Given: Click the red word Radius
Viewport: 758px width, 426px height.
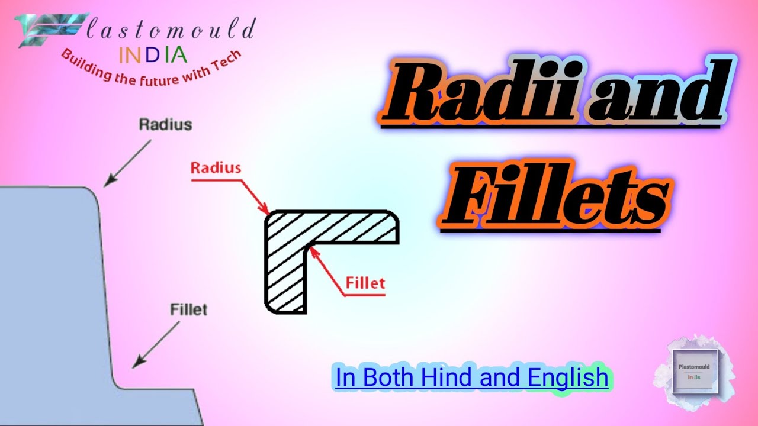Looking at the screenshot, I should (x=216, y=167).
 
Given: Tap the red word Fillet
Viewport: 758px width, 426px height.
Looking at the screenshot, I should (x=365, y=283).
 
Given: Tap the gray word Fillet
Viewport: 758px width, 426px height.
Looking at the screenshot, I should (x=188, y=309).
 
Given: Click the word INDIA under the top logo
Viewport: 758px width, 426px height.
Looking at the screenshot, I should (x=153, y=55).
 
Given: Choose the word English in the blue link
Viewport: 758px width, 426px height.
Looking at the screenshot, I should (x=567, y=377).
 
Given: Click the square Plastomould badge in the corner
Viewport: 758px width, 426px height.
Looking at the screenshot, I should (x=695, y=372).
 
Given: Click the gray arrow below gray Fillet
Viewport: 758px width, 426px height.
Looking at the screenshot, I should (x=156, y=344).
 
